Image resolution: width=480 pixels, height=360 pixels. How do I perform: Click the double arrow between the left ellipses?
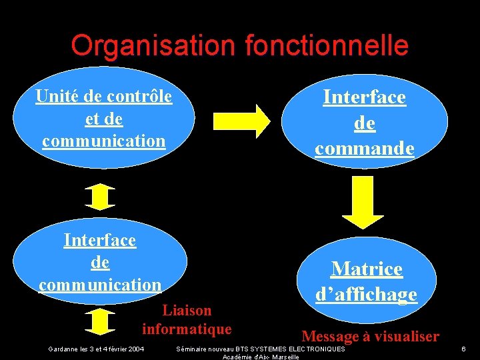100,197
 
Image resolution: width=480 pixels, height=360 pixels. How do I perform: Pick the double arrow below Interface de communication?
100,322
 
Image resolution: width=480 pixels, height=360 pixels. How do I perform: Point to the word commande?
365,148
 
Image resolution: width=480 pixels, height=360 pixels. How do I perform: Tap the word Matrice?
367,269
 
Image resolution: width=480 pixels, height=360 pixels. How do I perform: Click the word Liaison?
187,310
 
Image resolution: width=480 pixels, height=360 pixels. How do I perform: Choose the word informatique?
187,329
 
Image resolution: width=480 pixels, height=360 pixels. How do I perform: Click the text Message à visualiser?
371,337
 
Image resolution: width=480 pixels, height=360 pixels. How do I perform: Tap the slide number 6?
463,349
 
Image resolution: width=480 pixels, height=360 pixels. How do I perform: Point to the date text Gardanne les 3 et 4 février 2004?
97,349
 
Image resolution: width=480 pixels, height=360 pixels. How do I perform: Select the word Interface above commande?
365,97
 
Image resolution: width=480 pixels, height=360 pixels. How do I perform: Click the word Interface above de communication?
100,240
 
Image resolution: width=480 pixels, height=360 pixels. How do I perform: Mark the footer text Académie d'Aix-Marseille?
261,357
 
